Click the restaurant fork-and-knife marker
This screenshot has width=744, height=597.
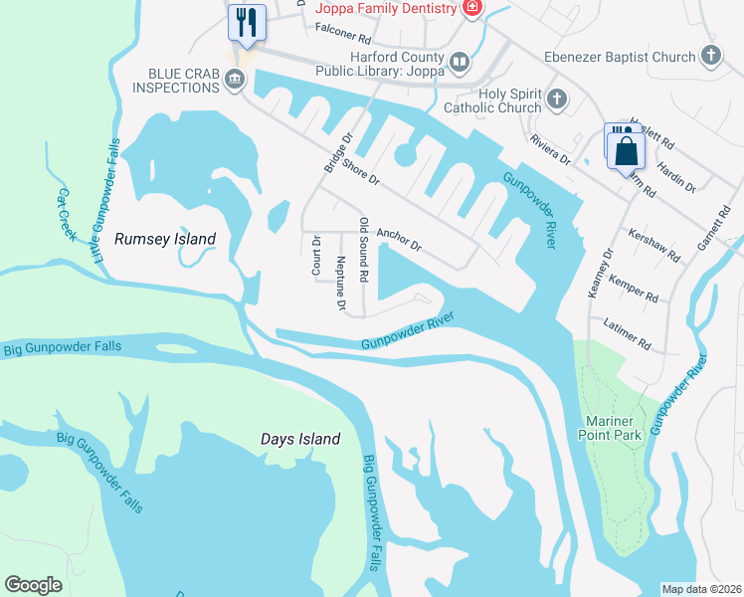[247, 22]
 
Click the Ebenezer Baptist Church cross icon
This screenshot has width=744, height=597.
[710, 57]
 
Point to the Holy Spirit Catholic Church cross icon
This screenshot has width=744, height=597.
[557, 99]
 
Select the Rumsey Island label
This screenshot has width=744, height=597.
[166, 239]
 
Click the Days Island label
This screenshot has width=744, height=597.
[300, 438]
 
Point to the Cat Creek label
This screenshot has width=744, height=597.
[67, 214]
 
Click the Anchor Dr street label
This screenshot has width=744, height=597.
[399, 237]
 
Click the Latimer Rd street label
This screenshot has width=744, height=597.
[628, 333]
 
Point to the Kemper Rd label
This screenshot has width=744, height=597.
[634, 291]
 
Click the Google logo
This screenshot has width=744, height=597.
[34, 585]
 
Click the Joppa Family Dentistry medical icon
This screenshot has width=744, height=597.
[472, 8]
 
